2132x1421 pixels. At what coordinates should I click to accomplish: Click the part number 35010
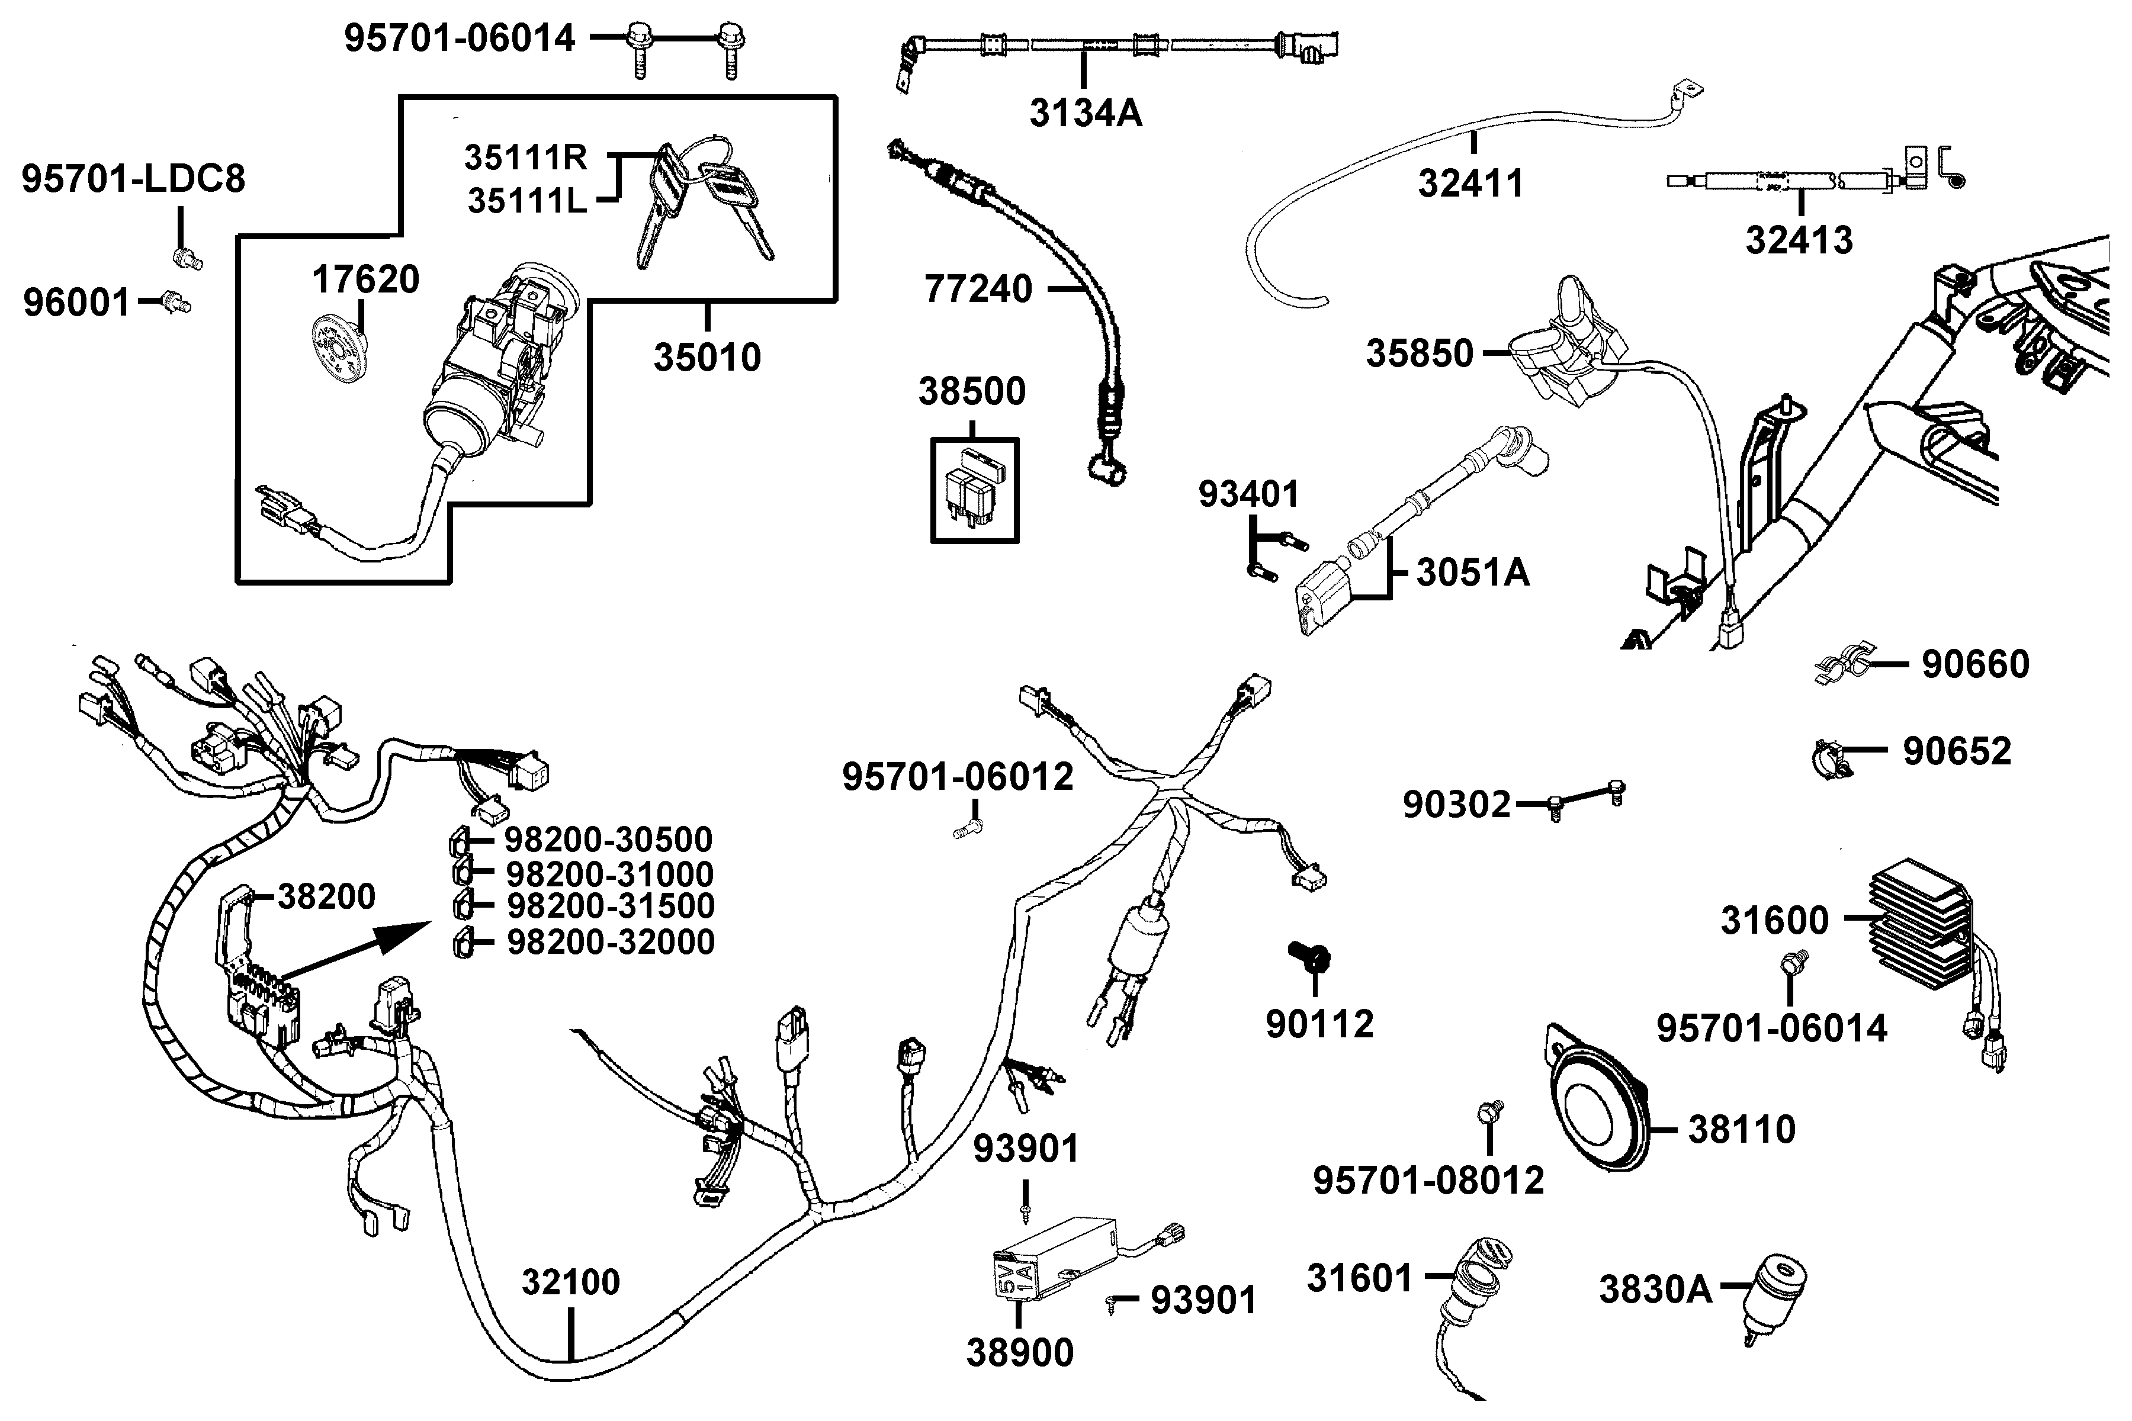707,358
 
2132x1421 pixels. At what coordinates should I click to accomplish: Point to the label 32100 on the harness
570,1282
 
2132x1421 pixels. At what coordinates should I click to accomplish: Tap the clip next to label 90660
1844,666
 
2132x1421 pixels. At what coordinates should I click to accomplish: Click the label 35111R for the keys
526,157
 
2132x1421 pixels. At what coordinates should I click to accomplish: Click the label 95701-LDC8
133,179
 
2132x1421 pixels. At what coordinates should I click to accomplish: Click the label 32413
1799,241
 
